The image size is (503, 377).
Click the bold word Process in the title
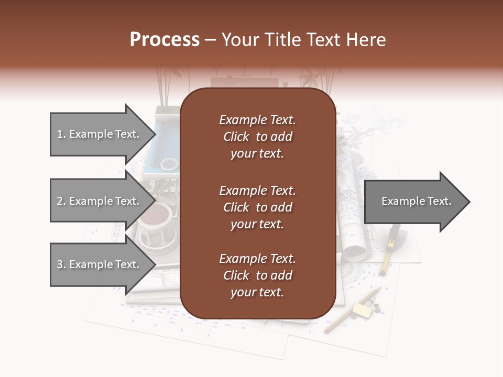[165, 40]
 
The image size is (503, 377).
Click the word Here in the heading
[364, 40]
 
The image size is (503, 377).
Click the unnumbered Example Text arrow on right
[414, 202]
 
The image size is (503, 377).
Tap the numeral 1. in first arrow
[61, 134]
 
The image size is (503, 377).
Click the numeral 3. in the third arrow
[61, 264]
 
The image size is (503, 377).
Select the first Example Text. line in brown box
[257, 120]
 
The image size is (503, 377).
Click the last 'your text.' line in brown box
[257, 292]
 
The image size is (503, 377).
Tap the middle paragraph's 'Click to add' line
[257, 207]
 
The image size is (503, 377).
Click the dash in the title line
[210, 40]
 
